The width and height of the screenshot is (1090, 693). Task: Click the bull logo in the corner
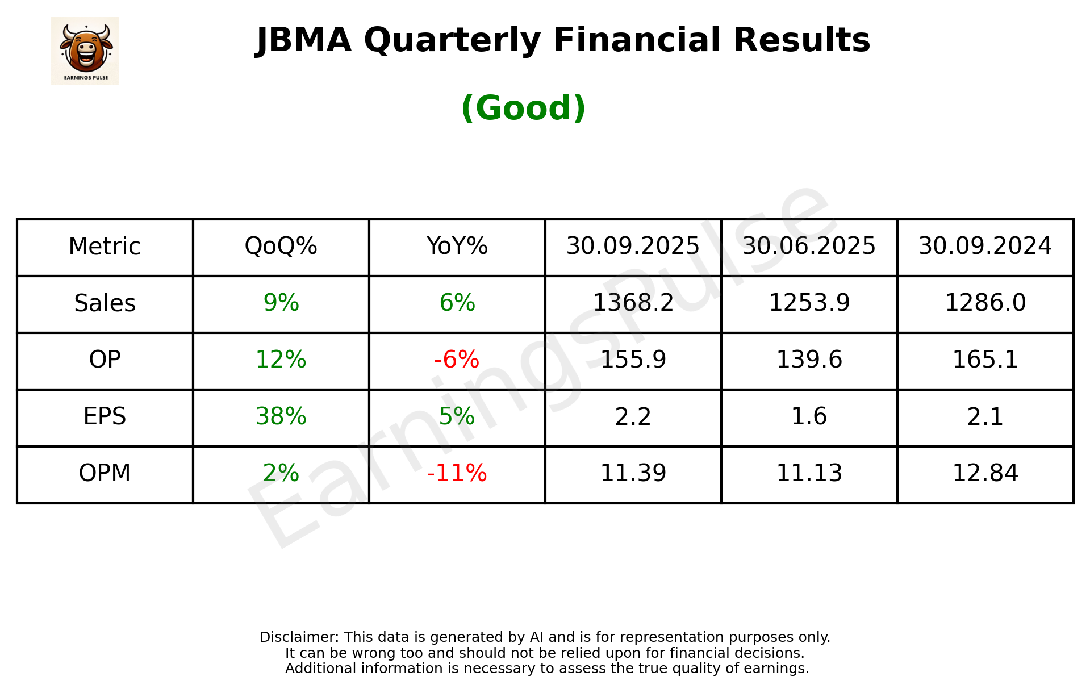click(85, 51)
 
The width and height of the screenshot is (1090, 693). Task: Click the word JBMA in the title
click(303, 40)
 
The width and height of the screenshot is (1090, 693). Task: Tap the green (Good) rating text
click(523, 108)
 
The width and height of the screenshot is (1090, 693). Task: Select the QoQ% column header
click(281, 247)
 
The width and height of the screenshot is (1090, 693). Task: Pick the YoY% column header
click(457, 247)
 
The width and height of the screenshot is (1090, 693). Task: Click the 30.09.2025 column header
click(633, 247)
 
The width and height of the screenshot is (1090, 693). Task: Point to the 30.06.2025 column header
click(809, 247)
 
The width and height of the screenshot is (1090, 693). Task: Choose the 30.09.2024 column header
click(985, 247)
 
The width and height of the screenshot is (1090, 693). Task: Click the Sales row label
click(105, 303)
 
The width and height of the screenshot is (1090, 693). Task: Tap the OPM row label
click(105, 473)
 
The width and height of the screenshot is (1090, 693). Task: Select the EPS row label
click(105, 416)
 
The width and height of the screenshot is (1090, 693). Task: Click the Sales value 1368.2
click(633, 303)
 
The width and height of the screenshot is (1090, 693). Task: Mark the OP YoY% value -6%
click(457, 360)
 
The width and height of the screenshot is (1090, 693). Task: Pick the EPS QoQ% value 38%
click(281, 416)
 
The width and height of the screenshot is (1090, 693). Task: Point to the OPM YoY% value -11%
click(457, 473)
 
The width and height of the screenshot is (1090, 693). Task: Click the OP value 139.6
click(809, 360)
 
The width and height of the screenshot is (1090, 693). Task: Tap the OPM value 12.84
click(985, 473)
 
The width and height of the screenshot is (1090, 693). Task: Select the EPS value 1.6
click(809, 416)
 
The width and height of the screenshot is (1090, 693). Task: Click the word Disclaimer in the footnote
click(299, 637)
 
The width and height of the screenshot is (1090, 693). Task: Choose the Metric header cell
click(105, 247)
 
